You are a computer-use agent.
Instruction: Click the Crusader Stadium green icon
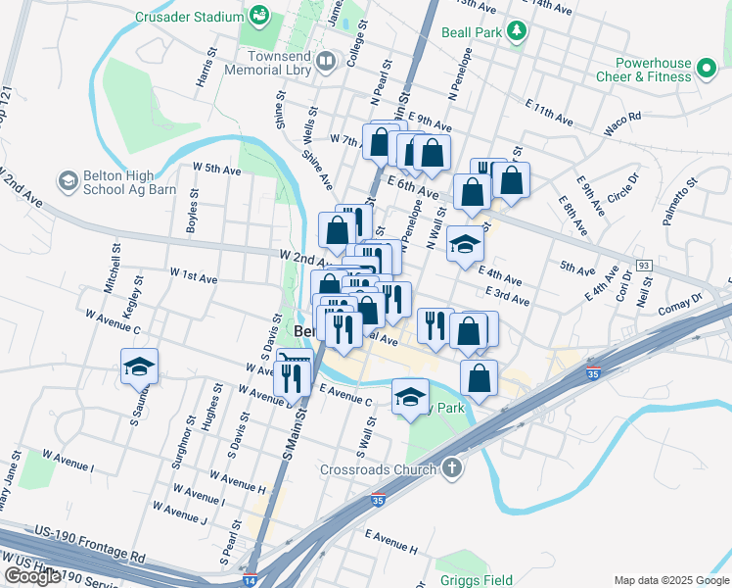pos(259,16)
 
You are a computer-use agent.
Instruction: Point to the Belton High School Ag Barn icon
pos(68,180)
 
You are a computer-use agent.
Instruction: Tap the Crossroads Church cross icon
pos(451,468)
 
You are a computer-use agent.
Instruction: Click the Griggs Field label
pos(476,578)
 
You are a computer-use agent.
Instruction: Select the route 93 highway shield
pos(643,266)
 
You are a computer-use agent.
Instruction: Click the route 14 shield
pos(251,579)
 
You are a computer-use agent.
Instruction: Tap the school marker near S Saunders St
pos(139,367)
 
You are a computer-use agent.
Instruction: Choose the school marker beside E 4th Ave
pos(465,245)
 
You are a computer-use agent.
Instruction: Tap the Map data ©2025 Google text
pos(670,580)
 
